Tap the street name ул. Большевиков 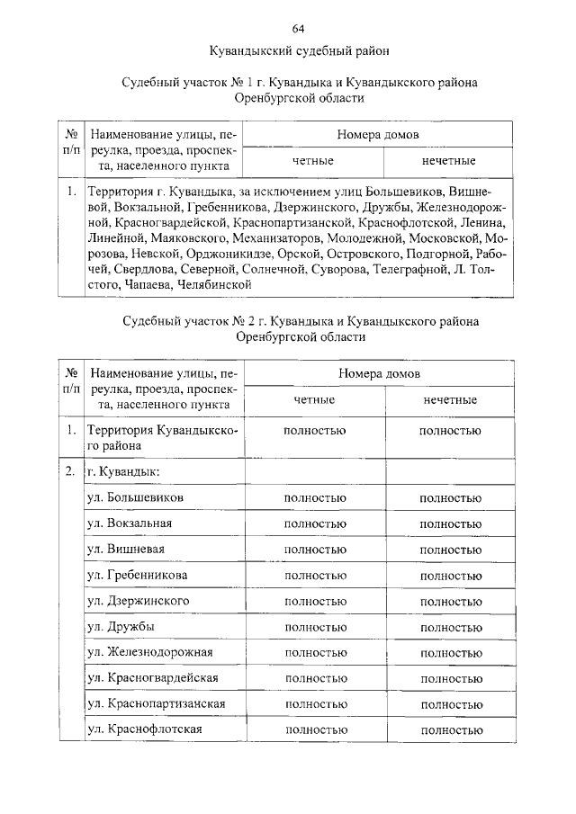pyautogui.click(x=136, y=496)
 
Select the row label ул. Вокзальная pyautogui.click(x=130, y=523)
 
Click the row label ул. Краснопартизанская pyautogui.click(x=156, y=703)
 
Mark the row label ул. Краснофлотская pyautogui.click(x=144, y=729)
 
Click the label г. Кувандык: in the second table pyautogui.click(x=123, y=470)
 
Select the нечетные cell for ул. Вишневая pyautogui.click(x=449, y=549)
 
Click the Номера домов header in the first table pyautogui.click(x=379, y=135)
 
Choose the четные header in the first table pyautogui.click(x=313, y=161)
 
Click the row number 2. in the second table pyautogui.click(x=70, y=470)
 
